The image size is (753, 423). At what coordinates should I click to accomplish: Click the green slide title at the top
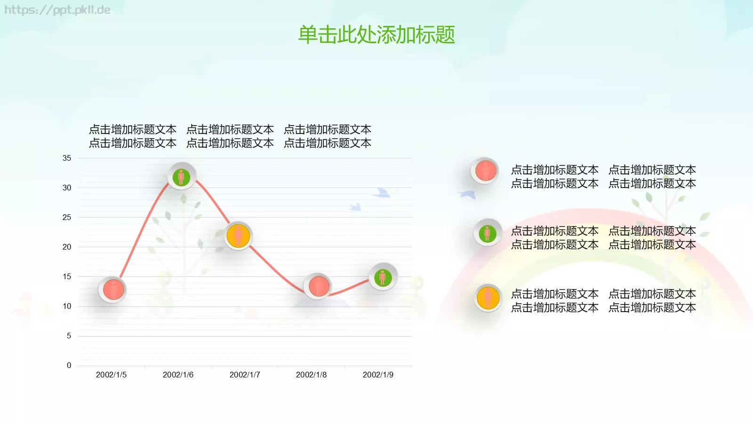[x=376, y=35]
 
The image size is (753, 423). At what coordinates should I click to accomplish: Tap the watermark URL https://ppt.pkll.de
[x=57, y=10]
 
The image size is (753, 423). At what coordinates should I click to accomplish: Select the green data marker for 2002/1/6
[x=181, y=177]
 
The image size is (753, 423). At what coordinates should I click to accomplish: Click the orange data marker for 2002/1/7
[x=238, y=235]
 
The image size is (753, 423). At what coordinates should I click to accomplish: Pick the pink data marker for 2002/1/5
[x=113, y=289]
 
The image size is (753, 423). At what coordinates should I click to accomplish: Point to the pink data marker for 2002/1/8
[x=318, y=286]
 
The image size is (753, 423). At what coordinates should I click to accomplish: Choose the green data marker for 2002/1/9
[x=383, y=277]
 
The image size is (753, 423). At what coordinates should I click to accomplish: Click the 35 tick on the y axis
[x=67, y=158]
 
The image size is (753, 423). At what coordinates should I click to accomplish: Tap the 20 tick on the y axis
[x=67, y=247]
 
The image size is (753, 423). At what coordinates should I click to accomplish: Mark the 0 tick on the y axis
[x=69, y=366]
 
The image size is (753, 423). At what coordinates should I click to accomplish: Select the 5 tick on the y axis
[x=69, y=336]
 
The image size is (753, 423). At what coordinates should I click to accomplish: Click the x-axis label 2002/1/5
[x=111, y=375]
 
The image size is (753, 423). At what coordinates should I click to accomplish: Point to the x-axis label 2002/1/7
[x=245, y=375]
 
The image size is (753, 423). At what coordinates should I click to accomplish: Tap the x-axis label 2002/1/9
[x=378, y=375]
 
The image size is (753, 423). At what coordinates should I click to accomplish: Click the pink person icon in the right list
[x=486, y=170]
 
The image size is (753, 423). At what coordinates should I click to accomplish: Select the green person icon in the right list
[x=487, y=232]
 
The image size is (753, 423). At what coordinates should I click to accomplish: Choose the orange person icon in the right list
[x=488, y=298]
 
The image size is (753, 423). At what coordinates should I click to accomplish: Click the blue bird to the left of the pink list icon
[x=468, y=194]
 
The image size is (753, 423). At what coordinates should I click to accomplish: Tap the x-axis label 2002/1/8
[x=311, y=375]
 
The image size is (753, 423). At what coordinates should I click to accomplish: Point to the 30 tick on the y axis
[x=67, y=188]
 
